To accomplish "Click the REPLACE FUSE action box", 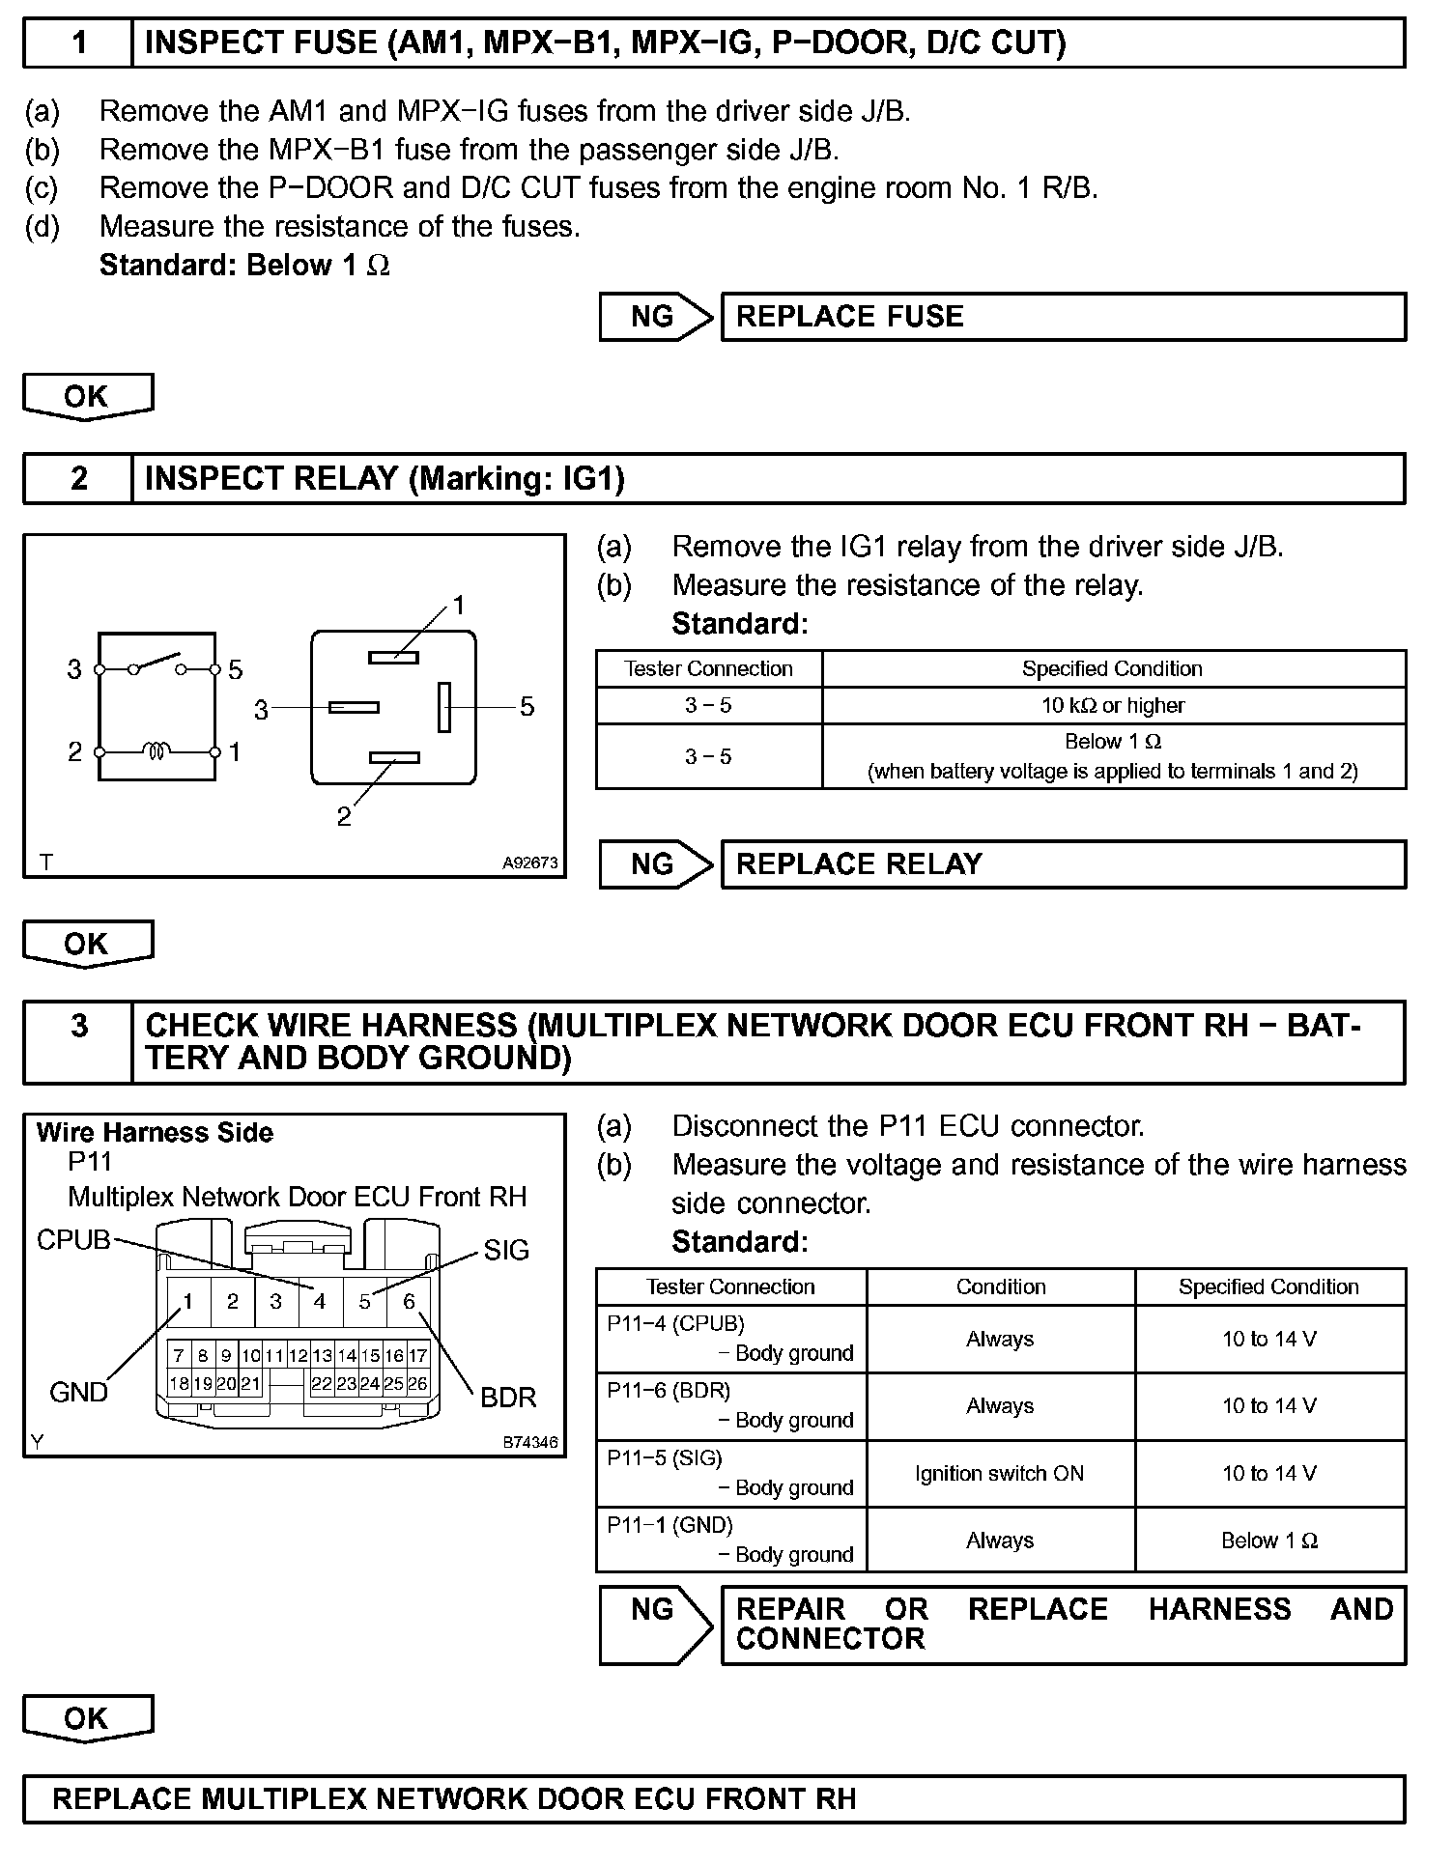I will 1063,317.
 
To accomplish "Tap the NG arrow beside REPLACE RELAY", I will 654,863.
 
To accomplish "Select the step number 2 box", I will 78,478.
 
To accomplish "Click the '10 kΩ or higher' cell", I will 1113,706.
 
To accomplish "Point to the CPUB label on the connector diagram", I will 73,1240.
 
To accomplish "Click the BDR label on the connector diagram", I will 508,1398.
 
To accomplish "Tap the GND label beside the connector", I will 78,1392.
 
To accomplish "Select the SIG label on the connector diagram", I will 506,1251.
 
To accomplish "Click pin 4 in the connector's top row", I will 320,1302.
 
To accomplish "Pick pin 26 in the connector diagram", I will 417,1384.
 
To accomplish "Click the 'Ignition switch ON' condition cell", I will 1000,1474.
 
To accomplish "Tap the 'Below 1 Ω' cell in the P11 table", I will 1269,1541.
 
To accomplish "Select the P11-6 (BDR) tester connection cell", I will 730,1406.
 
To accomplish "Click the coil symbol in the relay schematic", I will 157,750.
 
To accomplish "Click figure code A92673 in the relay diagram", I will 529,863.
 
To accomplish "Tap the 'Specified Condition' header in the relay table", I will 1113,669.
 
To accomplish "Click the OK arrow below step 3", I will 87,1719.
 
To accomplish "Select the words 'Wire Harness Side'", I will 155,1133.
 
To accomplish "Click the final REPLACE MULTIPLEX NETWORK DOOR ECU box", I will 714,1799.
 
